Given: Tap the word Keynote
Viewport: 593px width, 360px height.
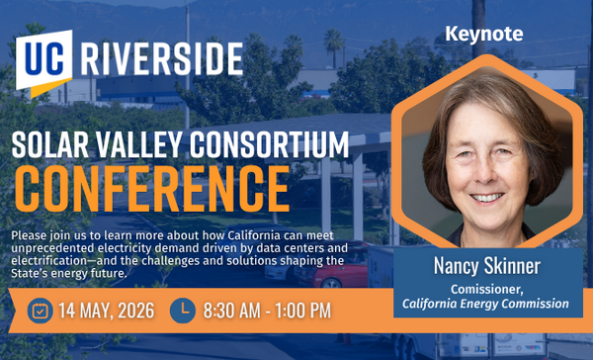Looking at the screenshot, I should point(484,34).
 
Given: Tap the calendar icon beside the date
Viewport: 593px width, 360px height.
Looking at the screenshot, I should point(40,311).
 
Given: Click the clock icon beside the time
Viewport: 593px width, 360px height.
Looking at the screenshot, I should point(183,311).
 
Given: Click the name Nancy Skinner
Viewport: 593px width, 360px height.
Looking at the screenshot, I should point(485,266).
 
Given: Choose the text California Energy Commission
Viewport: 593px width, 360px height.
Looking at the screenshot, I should point(485,304).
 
